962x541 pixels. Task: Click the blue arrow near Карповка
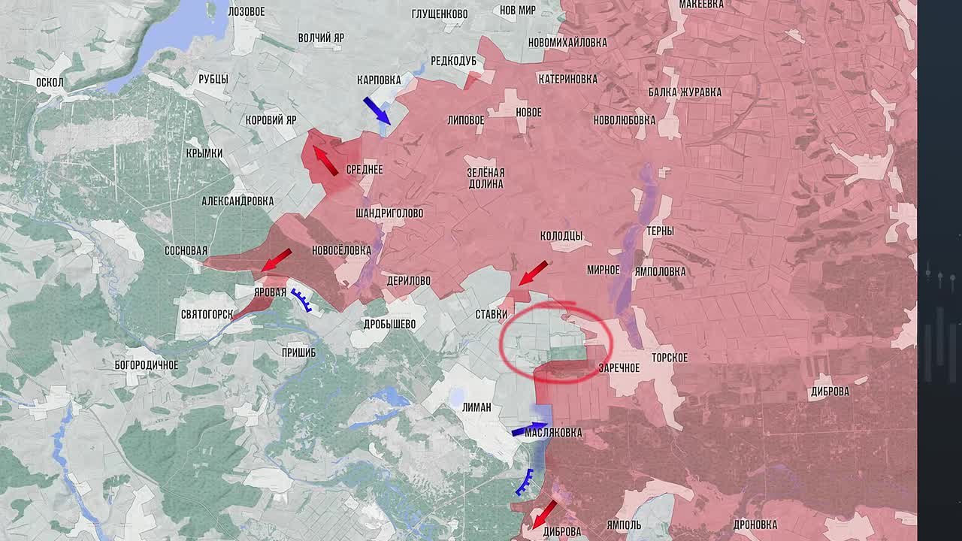click(377, 110)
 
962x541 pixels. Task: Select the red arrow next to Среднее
click(325, 161)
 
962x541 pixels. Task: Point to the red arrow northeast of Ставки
click(534, 273)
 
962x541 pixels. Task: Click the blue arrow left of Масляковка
click(529, 429)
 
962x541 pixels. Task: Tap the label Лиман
click(476, 407)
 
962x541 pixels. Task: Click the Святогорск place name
click(207, 313)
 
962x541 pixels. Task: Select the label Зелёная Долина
click(485, 178)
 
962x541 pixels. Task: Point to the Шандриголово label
click(389, 213)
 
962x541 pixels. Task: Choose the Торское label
click(670, 358)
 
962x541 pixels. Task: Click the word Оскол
click(50, 83)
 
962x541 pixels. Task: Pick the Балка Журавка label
click(685, 92)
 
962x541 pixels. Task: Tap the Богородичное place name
click(147, 365)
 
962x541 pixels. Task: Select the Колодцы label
click(561, 236)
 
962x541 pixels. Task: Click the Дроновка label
click(755, 524)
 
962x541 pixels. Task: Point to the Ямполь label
click(624, 524)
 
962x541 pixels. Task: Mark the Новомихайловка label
click(567, 43)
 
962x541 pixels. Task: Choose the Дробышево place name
click(389, 325)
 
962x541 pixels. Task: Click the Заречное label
click(619, 368)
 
